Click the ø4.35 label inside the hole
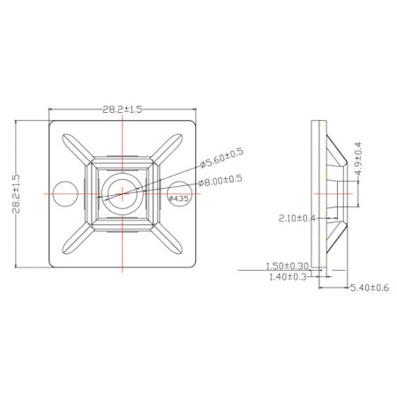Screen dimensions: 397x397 [x=179, y=198]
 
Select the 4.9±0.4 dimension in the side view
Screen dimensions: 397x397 [x=357, y=161]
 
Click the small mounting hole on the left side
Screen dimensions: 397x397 [x=63, y=190]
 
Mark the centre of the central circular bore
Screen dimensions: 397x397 [x=116, y=190]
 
